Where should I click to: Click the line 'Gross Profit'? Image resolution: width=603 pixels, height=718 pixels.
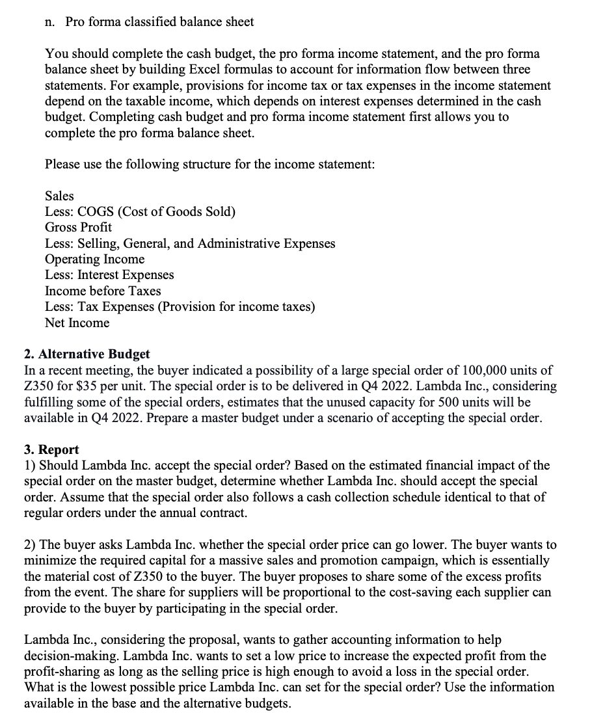78,228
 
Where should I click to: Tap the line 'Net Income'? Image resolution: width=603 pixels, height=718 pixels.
77,323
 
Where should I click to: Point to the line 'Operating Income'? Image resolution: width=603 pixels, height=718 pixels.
94,259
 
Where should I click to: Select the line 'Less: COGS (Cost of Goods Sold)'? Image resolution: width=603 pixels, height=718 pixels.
140,212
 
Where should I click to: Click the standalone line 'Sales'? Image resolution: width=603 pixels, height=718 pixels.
59,196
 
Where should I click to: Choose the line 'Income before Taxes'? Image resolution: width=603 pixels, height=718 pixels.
103,291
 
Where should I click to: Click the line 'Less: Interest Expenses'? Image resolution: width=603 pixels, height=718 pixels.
109,275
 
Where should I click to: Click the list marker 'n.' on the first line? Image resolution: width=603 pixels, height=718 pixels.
50,21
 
